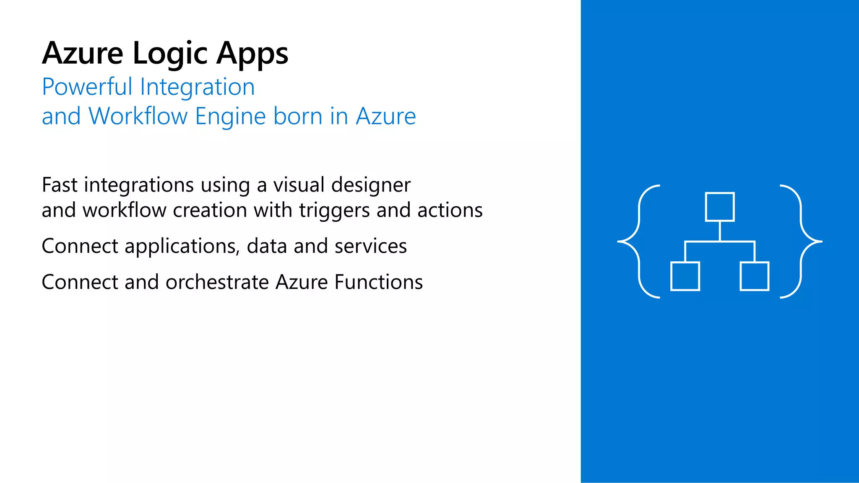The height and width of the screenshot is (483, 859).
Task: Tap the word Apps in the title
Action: pyautogui.click(x=252, y=54)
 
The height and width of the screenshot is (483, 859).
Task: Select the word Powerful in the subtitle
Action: pyautogui.click(x=87, y=87)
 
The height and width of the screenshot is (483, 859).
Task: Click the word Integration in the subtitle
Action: pyautogui.click(x=197, y=87)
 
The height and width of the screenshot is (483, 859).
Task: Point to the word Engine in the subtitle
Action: pyautogui.click(x=230, y=116)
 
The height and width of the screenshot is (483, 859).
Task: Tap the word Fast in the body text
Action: pyautogui.click(x=60, y=185)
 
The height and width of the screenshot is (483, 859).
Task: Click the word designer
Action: pyautogui.click(x=371, y=186)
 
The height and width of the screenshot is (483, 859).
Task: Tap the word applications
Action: pyautogui.click(x=182, y=247)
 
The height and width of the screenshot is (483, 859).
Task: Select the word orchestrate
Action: pyautogui.click(x=217, y=282)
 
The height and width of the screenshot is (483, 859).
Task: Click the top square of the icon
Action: pyautogui.click(x=720, y=207)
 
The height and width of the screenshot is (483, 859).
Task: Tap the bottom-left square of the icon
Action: pyautogui.click(x=685, y=276)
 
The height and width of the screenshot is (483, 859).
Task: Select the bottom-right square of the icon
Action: pyautogui.click(x=754, y=276)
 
